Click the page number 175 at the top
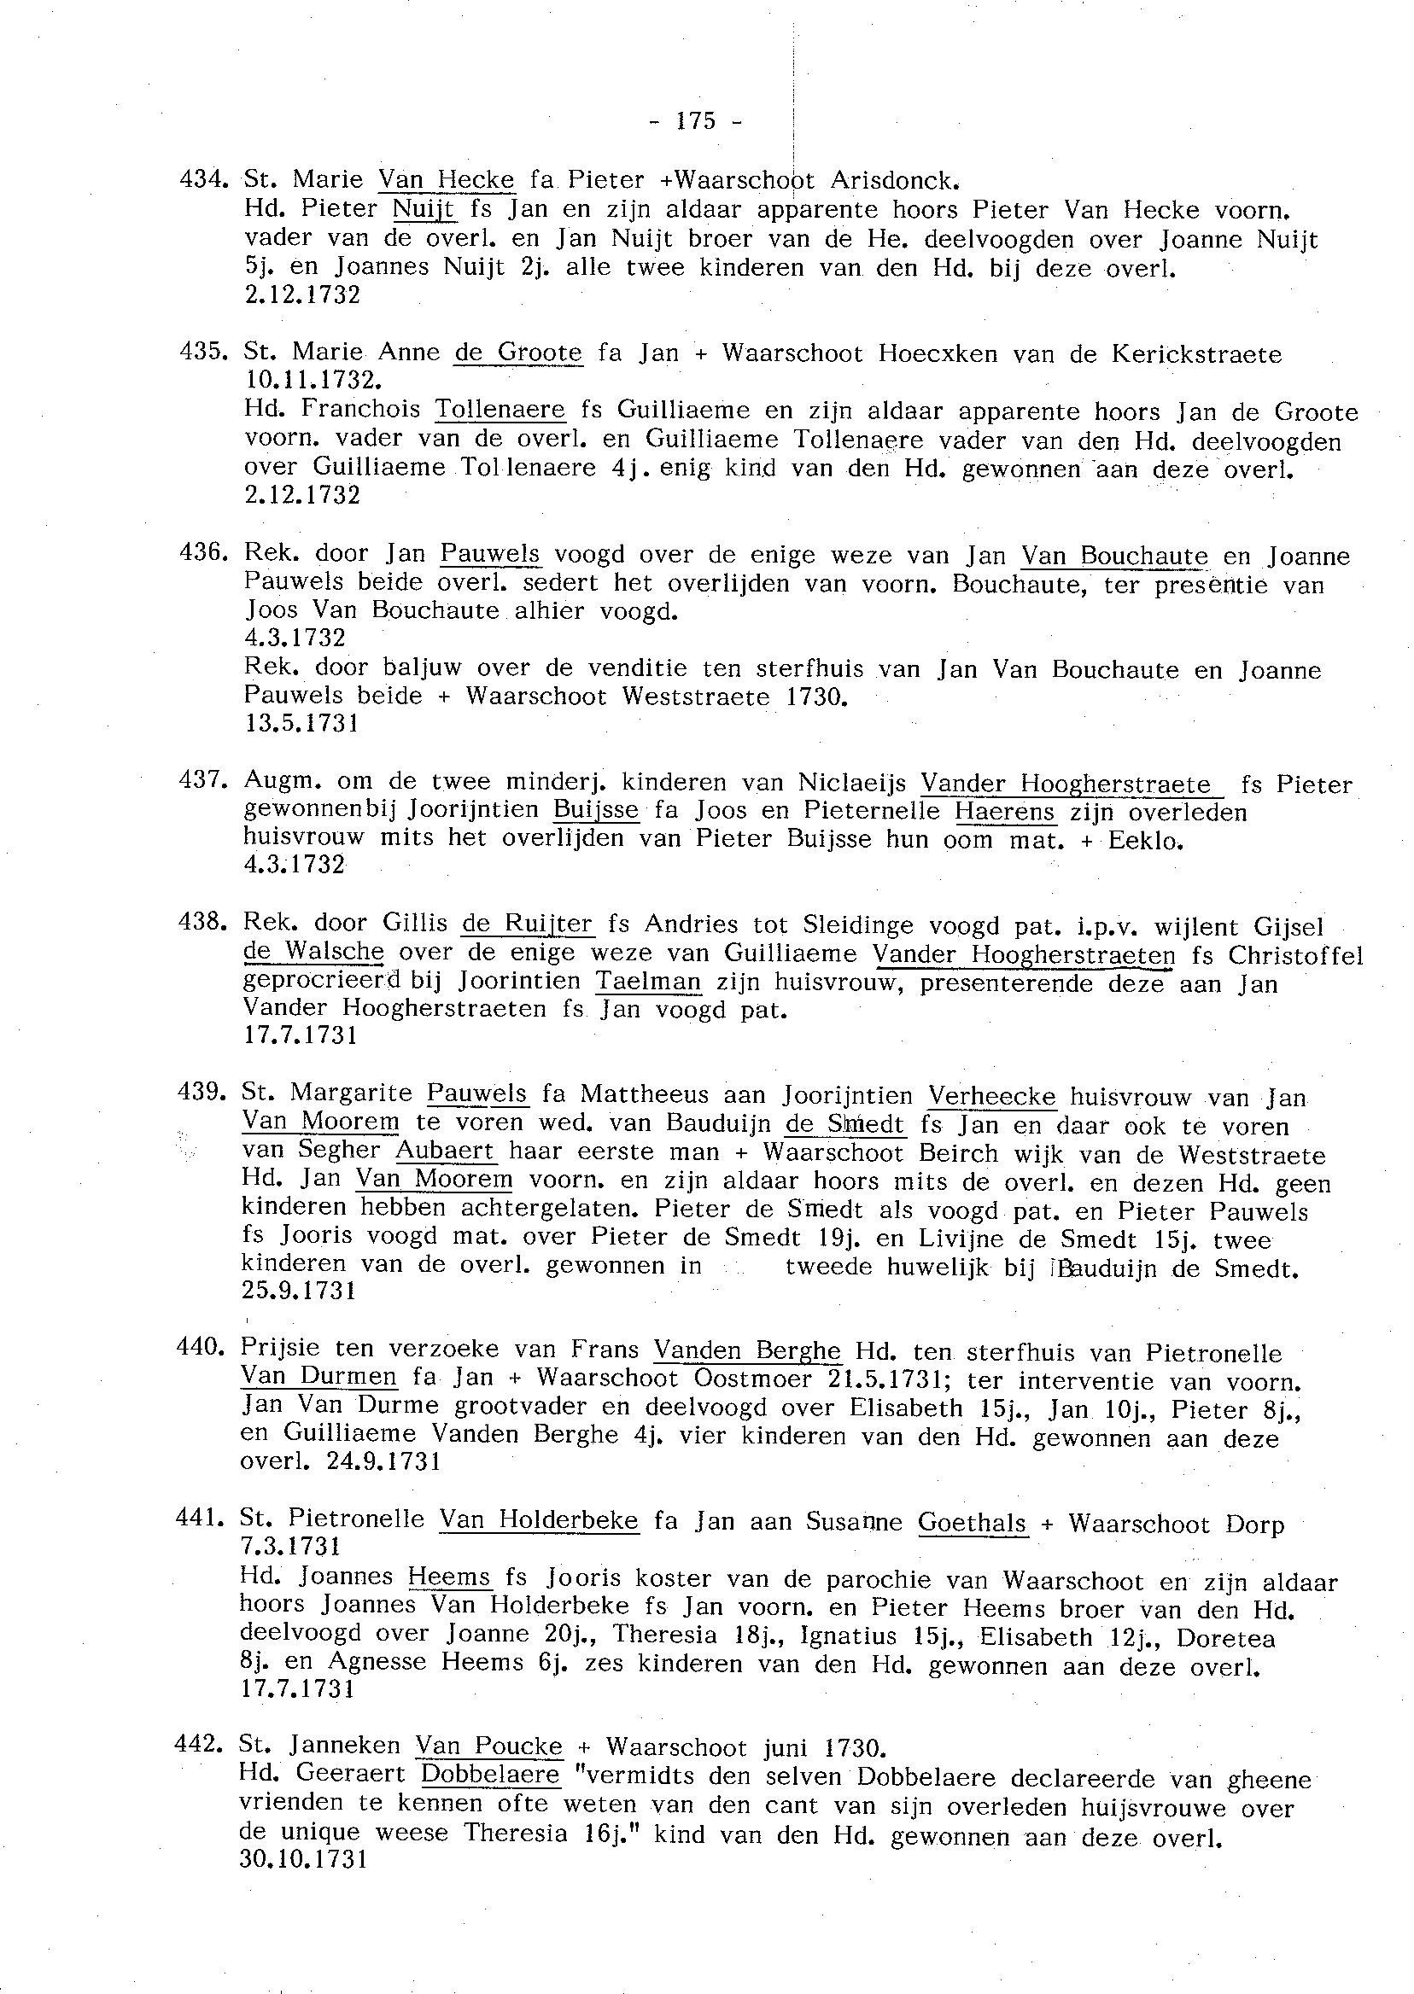pyautogui.click(x=695, y=121)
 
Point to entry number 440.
pyautogui.click(x=200, y=1347)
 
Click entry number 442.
pyautogui.click(x=200, y=1745)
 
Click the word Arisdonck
pyautogui.click(x=894, y=180)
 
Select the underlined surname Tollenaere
pyautogui.click(x=500, y=409)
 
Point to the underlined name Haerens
pyautogui.click(x=1005, y=812)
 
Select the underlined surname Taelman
pyautogui.click(x=649, y=982)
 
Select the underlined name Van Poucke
pyautogui.click(x=488, y=1746)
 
